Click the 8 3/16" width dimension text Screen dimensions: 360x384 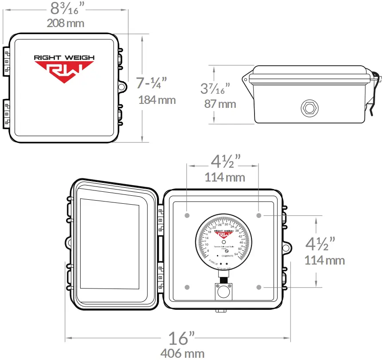[x=66, y=8]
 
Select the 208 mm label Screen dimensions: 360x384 [x=66, y=23]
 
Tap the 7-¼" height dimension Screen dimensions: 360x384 [x=151, y=83]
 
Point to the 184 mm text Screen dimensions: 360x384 [x=157, y=99]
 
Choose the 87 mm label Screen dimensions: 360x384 [x=220, y=104]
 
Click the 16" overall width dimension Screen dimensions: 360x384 [x=181, y=339]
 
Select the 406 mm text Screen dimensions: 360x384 [x=182, y=353]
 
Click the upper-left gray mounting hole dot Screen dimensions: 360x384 [x=187, y=215]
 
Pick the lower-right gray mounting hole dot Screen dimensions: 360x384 [x=259, y=287]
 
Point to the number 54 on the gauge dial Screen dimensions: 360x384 [x=236, y=254]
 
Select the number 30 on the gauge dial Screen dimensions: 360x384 [x=226, y=225]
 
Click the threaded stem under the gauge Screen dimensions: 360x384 [x=223, y=279]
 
